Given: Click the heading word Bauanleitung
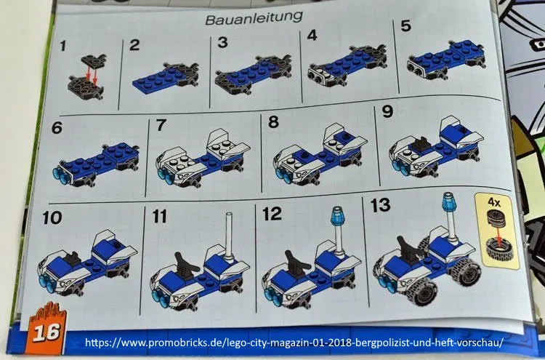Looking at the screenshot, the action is click(254, 17).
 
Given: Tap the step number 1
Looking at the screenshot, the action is click(62, 46).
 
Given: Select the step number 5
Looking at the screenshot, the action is click(405, 25).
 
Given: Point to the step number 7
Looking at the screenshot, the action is click(161, 125).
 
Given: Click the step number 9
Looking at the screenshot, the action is click(387, 112).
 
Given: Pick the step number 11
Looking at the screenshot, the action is click(160, 216).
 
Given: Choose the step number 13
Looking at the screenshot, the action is click(380, 205).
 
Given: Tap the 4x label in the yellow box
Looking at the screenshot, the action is click(493, 201).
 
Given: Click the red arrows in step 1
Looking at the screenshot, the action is click(91, 74).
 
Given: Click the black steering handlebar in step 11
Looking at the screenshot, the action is click(184, 265).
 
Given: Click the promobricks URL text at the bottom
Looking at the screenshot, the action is click(294, 343).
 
